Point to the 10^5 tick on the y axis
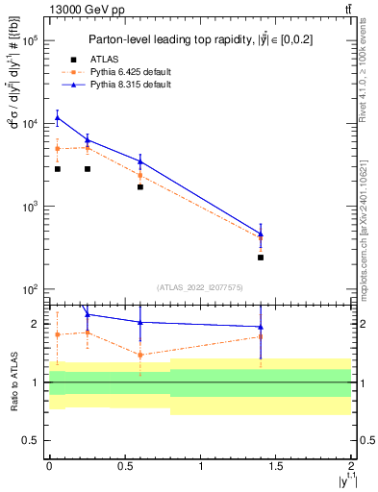click(x=30, y=41)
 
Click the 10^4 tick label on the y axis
click(x=30, y=124)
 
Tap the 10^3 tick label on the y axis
click(x=30, y=207)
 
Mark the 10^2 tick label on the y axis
click(x=30, y=289)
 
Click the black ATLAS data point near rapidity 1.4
click(x=262, y=258)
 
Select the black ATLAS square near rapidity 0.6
click(x=140, y=186)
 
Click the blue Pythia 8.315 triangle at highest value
click(x=57, y=118)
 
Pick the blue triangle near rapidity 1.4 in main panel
click(x=262, y=234)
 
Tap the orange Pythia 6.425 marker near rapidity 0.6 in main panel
click(x=140, y=176)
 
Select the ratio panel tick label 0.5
click(x=33, y=440)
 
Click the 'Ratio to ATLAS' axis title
click(x=13, y=381)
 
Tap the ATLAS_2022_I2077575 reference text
click(x=200, y=287)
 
